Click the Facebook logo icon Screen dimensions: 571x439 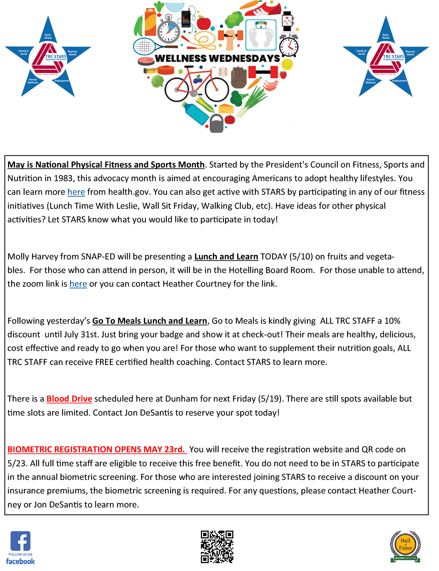[x=20, y=541]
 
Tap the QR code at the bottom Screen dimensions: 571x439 [x=217, y=547]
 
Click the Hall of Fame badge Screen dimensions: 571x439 [x=405, y=546]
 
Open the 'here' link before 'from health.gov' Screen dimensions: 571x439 [x=76, y=192]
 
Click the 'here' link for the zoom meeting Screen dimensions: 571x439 [x=78, y=284]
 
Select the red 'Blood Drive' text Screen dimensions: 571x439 [x=69, y=399]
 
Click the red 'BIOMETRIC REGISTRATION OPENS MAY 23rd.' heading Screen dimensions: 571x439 [x=97, y=450]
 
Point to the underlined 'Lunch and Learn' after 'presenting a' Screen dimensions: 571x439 [x=226, y=257]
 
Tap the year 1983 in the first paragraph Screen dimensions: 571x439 [x=63, y=178]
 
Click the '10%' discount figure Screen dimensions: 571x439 [x=392, y=321]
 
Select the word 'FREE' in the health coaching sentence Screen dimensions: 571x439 [x=104, y=362]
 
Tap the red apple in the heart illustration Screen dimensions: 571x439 [x=204, y=23]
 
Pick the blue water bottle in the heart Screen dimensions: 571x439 [x=196, y=113]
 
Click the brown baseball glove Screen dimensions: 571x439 [x=238, y=78]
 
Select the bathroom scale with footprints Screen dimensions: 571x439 [x=261, y=35]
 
